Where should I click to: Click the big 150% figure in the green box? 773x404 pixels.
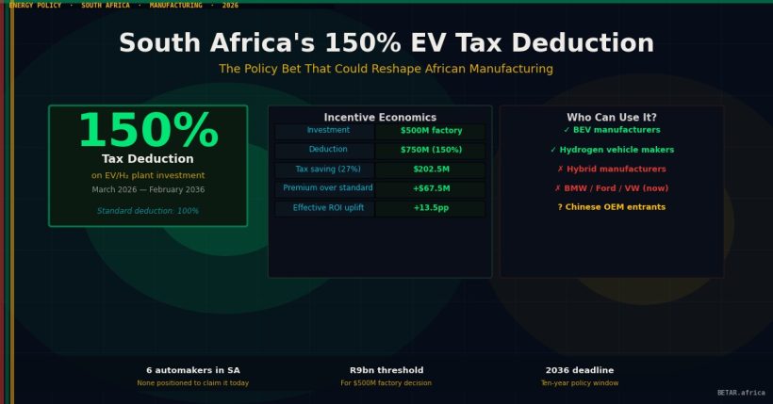point(148,131)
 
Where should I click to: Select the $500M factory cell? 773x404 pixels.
point(431,131)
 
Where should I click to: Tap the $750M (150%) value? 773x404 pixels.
point(431,150)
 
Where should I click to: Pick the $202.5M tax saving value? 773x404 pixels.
point(431,170)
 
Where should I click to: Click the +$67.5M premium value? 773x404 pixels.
point(431,188)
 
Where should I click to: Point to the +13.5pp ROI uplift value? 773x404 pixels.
point(431,207)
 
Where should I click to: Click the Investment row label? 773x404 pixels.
point(328,131)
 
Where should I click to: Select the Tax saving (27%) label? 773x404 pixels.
point(328,170)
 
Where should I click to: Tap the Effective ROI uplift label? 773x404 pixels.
point(328,207)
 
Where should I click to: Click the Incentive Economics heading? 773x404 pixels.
point(380,118)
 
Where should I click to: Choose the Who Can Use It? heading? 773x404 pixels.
point(612,118)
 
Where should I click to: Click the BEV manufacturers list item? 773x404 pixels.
point(612,130)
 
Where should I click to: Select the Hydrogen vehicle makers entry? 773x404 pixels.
point(612,150)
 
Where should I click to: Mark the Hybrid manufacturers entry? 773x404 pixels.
point(612,170)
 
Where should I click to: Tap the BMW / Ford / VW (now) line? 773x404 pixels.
point(612,188)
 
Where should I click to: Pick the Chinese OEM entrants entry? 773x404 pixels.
point(612,207)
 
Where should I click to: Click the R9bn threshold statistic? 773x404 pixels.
point(386,370)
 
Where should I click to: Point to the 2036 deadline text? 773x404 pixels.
point(579,370)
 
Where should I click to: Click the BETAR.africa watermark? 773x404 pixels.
point(741,393)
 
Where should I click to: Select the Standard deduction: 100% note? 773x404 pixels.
point(148,211)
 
